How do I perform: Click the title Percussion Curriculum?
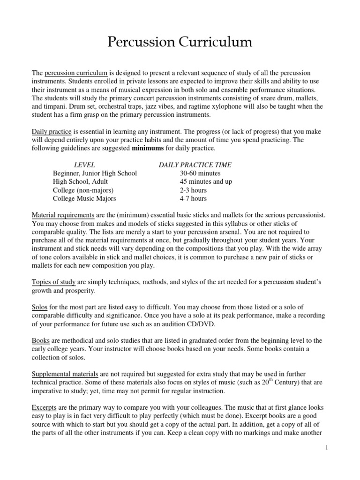tap(180, 43)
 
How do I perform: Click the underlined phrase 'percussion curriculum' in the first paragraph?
tap(76, 73)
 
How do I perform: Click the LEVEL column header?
tap(85, 165)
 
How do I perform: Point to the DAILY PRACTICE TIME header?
tap(195, 165)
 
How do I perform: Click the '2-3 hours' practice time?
tap(193, 190)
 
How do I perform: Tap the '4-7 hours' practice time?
tap(193, 199)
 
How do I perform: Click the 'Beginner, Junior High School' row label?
tap(95, 173)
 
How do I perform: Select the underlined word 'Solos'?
tap(40, 307)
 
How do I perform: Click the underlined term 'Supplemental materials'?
tap(65, 374)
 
